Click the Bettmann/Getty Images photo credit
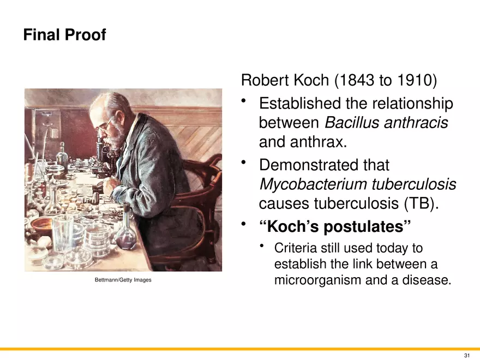click(x=123, y=280)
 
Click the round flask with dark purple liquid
click(x=126, y=237)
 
